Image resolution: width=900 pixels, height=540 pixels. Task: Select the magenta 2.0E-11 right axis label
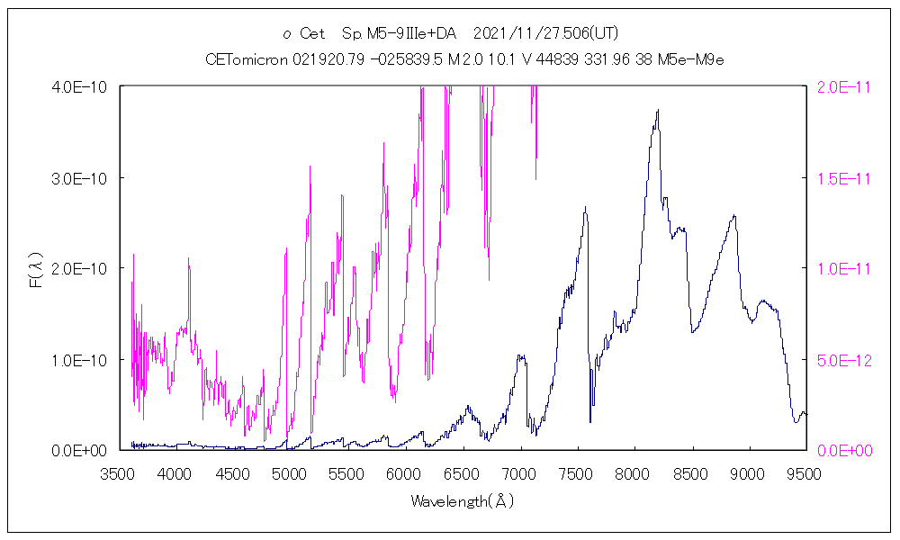coord(838,86)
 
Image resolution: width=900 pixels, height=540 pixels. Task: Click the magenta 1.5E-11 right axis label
coord(838,177)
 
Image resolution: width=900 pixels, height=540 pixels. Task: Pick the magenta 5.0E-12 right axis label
coord(838,359)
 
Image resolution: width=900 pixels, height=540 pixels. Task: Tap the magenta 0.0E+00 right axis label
coord(838,450)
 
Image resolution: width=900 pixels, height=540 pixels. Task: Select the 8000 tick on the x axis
coord(634,473)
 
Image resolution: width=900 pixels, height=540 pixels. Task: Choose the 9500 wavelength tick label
coord(804,473)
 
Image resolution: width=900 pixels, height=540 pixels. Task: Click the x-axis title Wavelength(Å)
coord(463,501)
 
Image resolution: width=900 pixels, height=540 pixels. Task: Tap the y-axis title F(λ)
coord(37,268)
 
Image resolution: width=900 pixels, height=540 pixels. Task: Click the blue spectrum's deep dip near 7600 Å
coord(590,421)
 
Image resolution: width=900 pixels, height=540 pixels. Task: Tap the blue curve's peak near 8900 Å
coord(734,215)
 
